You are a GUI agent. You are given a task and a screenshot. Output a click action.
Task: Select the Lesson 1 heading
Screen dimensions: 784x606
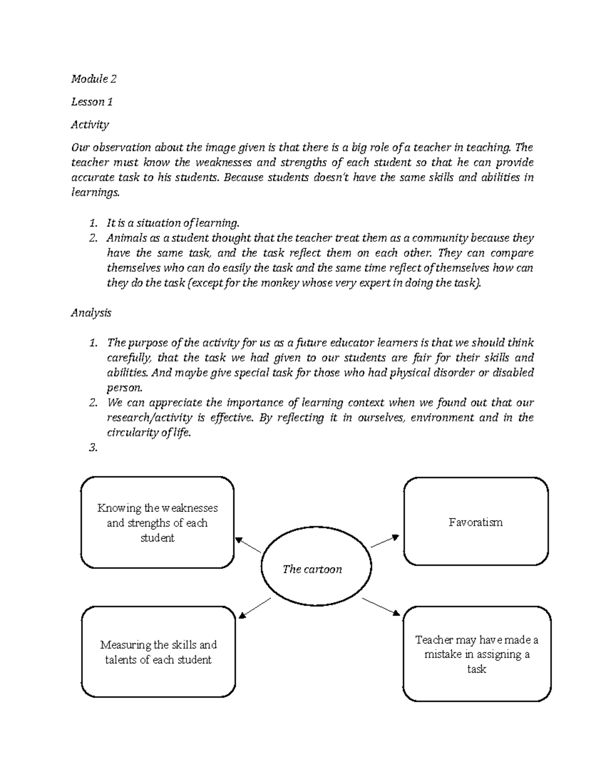91,102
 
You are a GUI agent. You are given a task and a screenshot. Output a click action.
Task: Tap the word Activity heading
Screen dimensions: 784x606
90,124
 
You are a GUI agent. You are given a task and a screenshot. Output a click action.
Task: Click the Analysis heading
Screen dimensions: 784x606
91,312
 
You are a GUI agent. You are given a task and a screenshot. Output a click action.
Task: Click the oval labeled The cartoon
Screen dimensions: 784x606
312,569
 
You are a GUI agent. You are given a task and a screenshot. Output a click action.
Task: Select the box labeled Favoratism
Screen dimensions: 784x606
475,521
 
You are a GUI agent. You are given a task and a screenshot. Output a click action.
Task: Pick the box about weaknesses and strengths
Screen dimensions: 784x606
157,522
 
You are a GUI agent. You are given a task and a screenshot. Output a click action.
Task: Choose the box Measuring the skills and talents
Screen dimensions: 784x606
158,652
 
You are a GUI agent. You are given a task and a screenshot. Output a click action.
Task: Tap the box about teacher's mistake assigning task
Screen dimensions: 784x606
476,654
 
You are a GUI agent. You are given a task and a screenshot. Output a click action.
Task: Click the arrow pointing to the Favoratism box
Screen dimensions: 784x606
385,541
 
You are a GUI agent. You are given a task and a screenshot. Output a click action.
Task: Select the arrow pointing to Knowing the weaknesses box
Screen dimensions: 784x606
248,545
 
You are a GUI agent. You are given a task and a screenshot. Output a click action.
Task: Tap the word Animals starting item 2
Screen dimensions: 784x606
124,238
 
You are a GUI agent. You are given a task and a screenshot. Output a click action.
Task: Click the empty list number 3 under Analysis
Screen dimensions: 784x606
92,448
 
